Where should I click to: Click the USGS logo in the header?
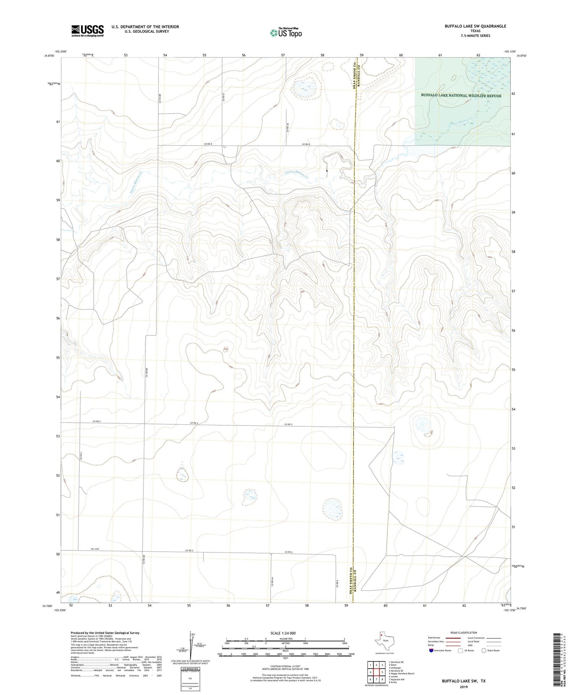(87, 31)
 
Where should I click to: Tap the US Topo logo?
(286, 33)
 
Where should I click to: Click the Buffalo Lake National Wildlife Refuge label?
(461, 95)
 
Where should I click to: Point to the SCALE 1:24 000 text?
(283, 633)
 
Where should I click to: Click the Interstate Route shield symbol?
(431, 651)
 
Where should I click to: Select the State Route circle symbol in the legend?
(484, 651)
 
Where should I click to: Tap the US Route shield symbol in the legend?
(460, 651)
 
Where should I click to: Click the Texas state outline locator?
(383, 643)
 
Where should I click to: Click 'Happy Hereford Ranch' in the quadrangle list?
(402, 674)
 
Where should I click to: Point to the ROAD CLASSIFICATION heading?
(463, 633)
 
